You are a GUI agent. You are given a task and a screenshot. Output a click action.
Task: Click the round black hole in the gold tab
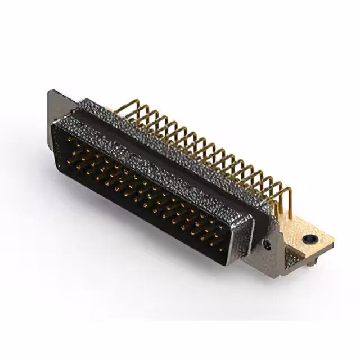coord(308,238)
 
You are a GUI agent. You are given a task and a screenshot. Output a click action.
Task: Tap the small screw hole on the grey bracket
coord(268,245)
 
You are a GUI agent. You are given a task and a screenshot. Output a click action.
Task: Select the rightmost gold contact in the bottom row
coord(219,247)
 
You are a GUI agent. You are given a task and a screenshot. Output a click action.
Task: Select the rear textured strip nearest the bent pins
coord(180,152)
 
